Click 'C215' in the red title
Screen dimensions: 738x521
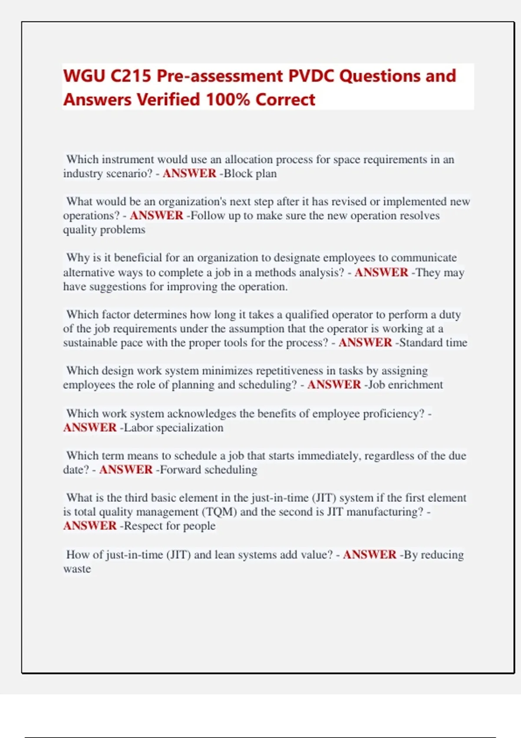point(131,76)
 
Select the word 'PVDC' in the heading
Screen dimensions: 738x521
point(311,76)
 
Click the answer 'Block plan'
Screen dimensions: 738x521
point(250,174)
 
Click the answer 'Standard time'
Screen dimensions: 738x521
point(433,343)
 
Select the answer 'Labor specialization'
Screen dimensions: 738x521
point(174,428)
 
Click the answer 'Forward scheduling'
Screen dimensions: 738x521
point(208,470)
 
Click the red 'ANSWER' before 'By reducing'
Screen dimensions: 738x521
point(369,555)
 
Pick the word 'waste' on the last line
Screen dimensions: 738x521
point(77,569)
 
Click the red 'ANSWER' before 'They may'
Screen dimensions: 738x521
point(381,273)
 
